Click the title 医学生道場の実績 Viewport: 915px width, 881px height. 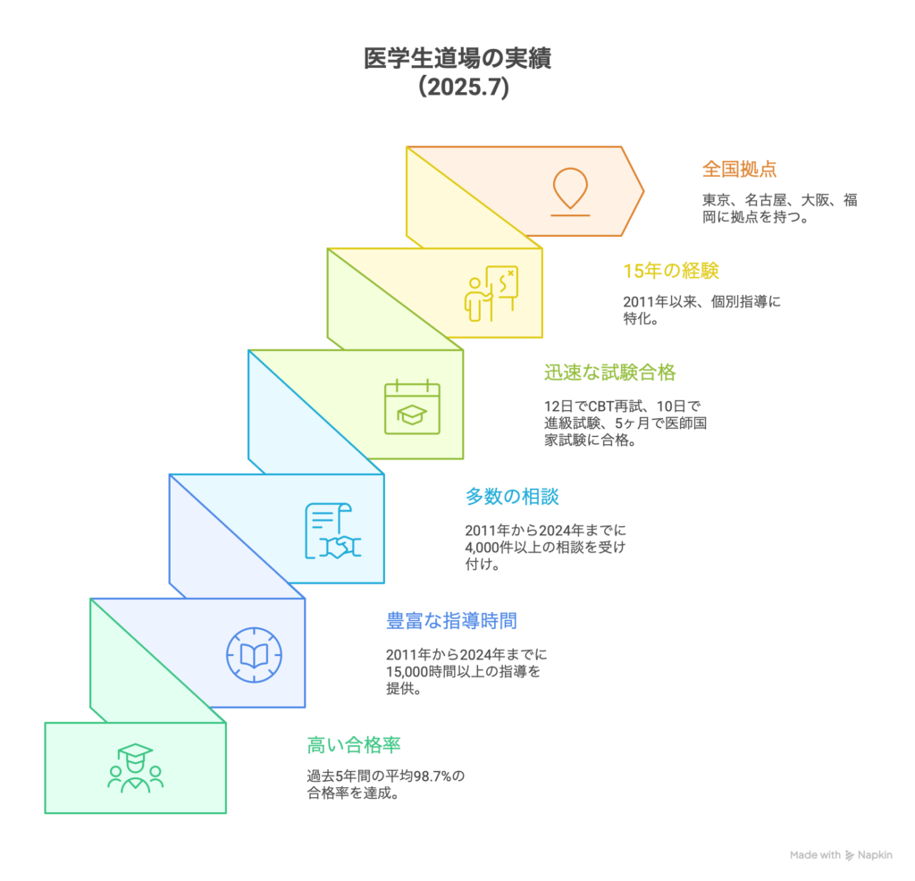tap(457, 58)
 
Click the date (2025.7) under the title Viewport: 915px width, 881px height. tap(464, 87)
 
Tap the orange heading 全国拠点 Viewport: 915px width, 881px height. tap(739, 169)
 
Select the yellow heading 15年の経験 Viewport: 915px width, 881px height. tap(671, 271)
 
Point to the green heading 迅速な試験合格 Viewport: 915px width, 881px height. tap(609, 373)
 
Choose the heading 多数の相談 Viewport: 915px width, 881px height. tap(512, 497)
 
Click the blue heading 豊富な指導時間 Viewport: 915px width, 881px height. tap(451, 621)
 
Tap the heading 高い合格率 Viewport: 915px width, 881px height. tap(354, 745)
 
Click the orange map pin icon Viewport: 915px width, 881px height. tap(570, 192)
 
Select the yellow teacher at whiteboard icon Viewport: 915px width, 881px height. tap(491, 293)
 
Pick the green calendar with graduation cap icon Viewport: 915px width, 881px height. tap(412, 407)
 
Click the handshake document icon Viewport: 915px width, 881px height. tap(332, 531)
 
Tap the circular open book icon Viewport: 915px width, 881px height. tap(254, 655)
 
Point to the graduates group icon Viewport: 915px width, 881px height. tap(136, 768)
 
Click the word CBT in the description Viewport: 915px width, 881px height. tap(601, 406)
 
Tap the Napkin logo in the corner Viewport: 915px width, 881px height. tap(869, 855)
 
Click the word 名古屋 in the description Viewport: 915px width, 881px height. tap(766, 200)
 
